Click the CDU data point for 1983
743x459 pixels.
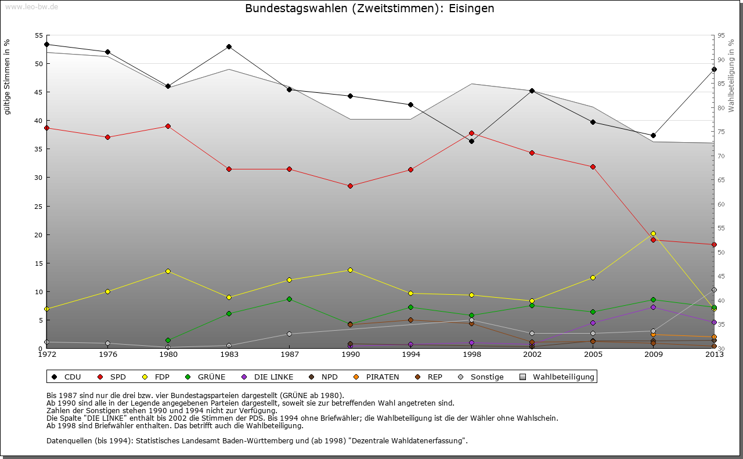point(229,46)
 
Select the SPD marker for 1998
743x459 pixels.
point(471,133)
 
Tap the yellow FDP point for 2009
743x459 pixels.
point(653,233)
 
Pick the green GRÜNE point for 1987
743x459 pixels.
point(289,299)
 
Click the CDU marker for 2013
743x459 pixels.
point(714,70)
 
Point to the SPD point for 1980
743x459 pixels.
point(168,126)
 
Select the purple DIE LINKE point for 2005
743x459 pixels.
point(593,323)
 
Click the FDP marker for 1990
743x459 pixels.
point(350,270)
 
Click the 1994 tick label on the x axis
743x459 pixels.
point(411,354)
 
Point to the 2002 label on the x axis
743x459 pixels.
point(532,354)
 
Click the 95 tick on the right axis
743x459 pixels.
point(721,36)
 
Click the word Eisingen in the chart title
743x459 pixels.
point(471,9)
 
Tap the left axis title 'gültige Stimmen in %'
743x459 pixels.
point(7,77)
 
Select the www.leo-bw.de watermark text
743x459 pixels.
point(30,6)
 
